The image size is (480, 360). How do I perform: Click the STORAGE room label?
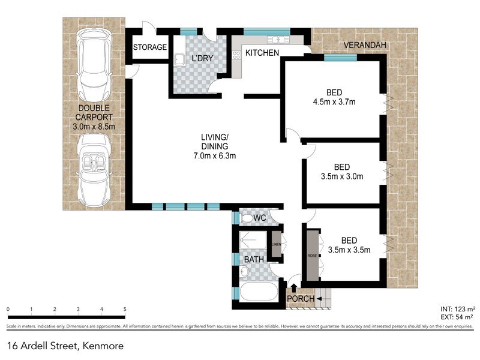[x=149, y=47]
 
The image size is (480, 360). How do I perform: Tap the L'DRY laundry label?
[x=202, y=58]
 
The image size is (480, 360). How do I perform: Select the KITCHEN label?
[x=262, y=53]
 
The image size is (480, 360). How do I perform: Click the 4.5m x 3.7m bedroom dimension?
[x=334, y=101]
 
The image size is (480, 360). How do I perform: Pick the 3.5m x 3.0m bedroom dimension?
[x=342, y=176]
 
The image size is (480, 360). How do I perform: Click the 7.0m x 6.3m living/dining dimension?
[x=214, y=157]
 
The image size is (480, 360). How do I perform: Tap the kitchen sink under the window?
[x=278, y=40]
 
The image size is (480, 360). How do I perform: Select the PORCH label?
[x=299, y=299]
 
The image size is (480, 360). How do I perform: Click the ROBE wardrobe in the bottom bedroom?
[x=313, y=254]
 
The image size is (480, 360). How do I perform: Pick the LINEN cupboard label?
[x=276, y=245]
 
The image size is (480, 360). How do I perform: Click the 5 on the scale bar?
[x=125, y=310]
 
